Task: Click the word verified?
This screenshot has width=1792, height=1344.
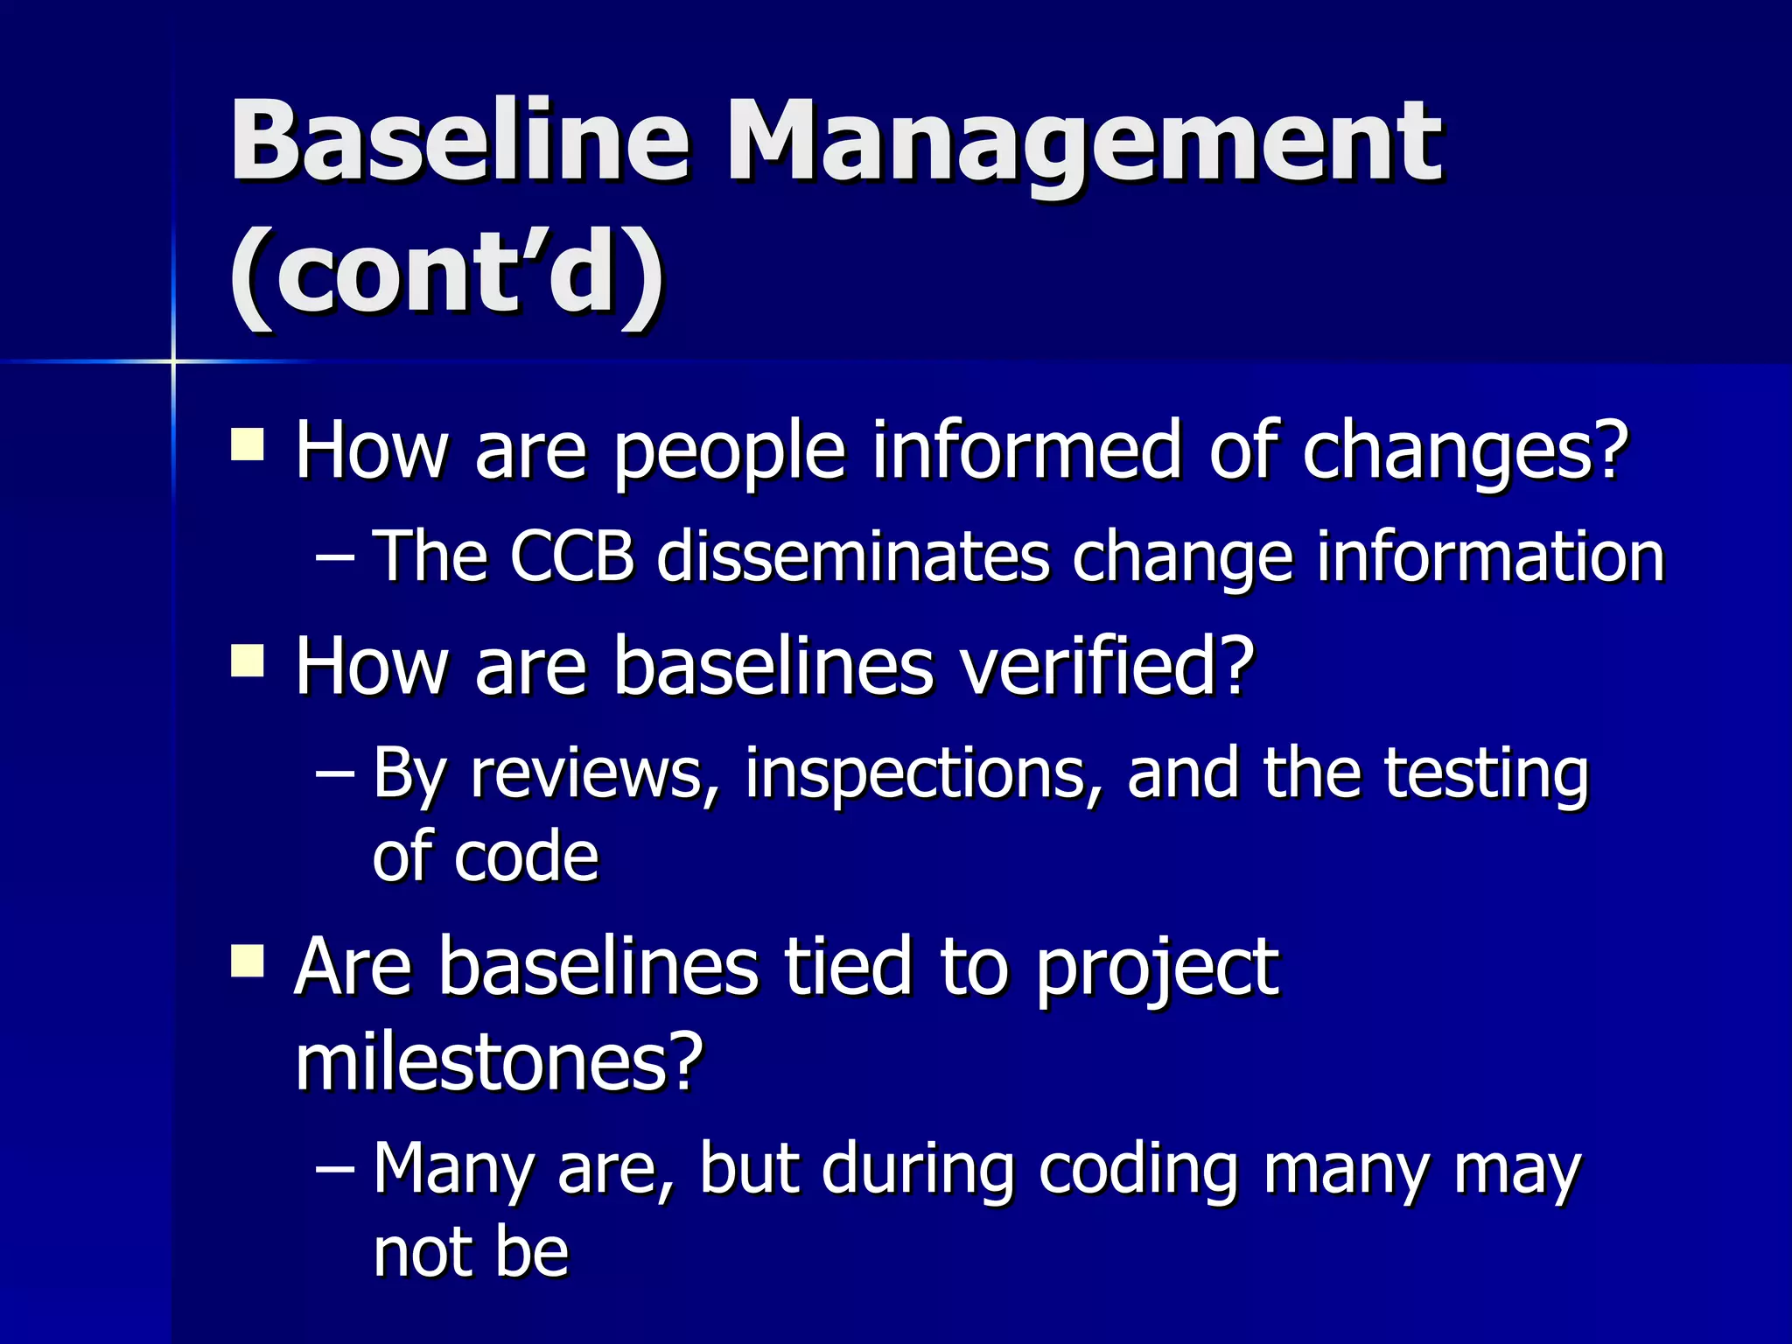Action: (1107, 667)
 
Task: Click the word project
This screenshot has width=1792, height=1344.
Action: (1157, 969)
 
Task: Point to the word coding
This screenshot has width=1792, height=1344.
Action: (1138, 1171)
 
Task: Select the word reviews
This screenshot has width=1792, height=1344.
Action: (595, 774)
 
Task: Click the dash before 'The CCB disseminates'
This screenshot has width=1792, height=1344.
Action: (335, 557)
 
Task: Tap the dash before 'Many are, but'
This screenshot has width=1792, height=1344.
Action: (335, 1169)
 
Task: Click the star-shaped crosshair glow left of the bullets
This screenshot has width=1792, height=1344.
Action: (173, 360)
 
